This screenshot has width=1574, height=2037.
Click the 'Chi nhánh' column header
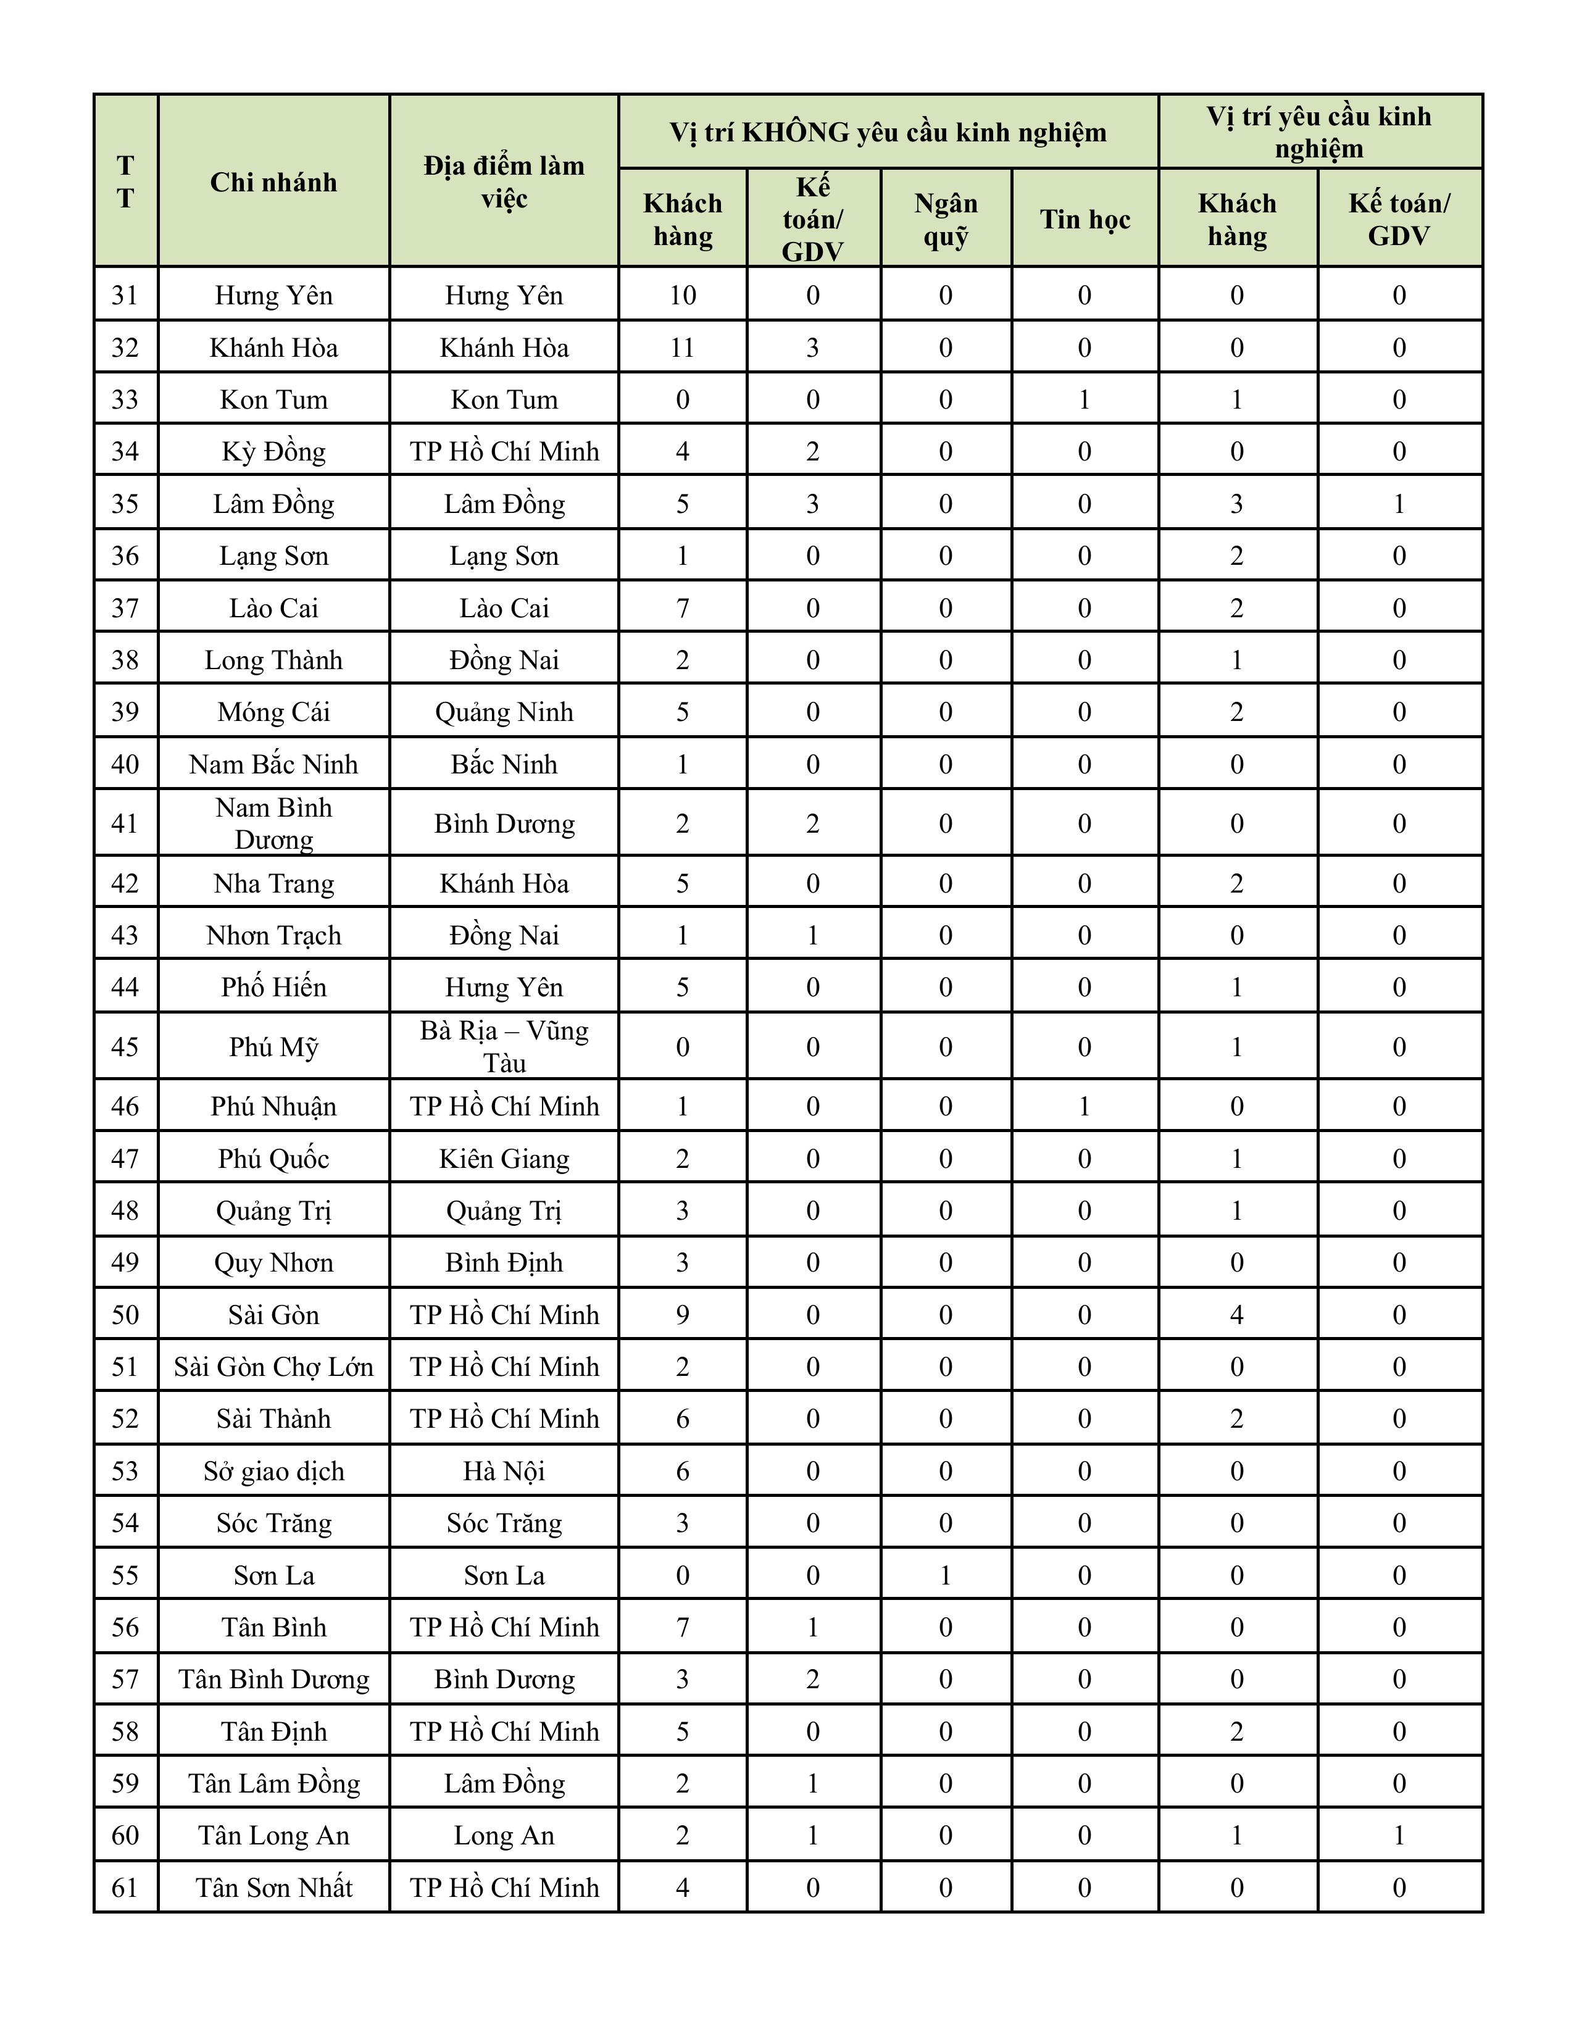[x=273, y=182]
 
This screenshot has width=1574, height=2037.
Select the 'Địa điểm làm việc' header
[x=504, y=182]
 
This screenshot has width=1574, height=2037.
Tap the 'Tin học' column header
[x=1085, y=219]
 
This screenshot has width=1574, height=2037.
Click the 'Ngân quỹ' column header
[x=946, y=219]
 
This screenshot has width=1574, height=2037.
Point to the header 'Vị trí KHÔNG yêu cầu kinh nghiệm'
[x=888, y=133]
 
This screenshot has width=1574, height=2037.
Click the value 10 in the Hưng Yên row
[x=683, y=296]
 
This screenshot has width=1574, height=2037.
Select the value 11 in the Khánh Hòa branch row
[x=683, y=348]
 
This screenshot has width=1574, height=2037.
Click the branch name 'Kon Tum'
[x=273, y=400]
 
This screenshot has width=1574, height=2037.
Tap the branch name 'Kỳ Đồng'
[x=273, y=451]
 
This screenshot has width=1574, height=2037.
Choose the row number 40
[x=125, y=764]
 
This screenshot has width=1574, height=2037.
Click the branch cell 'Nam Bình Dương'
[x=273, y=823]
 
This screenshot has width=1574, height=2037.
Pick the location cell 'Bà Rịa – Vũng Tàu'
[x=504, y=1046]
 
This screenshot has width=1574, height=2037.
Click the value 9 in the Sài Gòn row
[x=683, y=1315]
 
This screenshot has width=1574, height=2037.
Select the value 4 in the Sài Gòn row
[x=1236, y=1315]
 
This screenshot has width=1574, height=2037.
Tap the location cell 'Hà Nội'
[x=504, y=1471]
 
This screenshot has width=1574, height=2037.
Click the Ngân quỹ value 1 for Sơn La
[x=946, y=1575]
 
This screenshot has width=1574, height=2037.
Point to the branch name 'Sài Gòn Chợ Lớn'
[x=273, y=1367]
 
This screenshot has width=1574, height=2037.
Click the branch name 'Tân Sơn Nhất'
[x=273, y=1888]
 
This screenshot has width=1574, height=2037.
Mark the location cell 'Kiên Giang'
[x=504, y=1159]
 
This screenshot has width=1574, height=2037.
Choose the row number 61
[x=125, y=1888]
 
